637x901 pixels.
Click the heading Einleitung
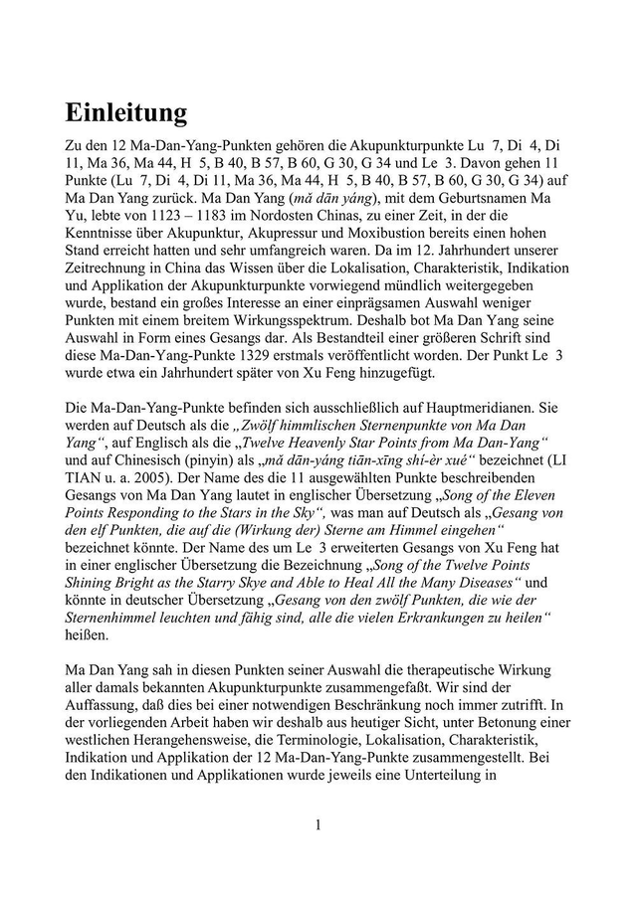(x=126, y=112)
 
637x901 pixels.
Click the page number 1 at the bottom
(x=318, y=824)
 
